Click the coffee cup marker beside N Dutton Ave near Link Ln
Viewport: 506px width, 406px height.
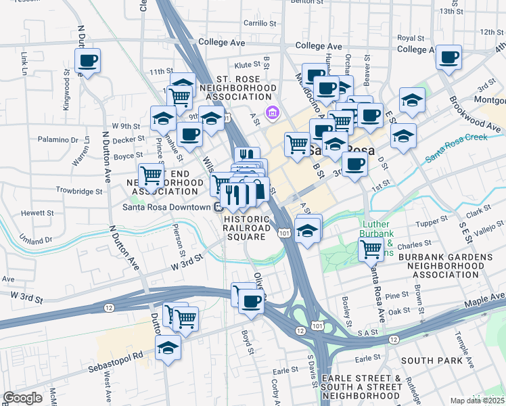click(x=87, y=62)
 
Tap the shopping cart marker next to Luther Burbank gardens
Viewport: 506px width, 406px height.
click(x=371, y=250)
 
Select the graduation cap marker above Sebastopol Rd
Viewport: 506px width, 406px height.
click(x=167, y=348)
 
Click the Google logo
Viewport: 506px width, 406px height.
click(x=22, y=398)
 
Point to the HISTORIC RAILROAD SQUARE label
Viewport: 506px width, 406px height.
click(x=246, y=228)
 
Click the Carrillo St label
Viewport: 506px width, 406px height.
click(x=257, y=23)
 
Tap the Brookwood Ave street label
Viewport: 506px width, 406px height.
click(x=474, y=114)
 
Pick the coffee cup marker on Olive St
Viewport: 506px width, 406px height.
click(x=251, y=301)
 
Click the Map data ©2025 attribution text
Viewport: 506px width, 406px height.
click(x=477, y=401)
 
